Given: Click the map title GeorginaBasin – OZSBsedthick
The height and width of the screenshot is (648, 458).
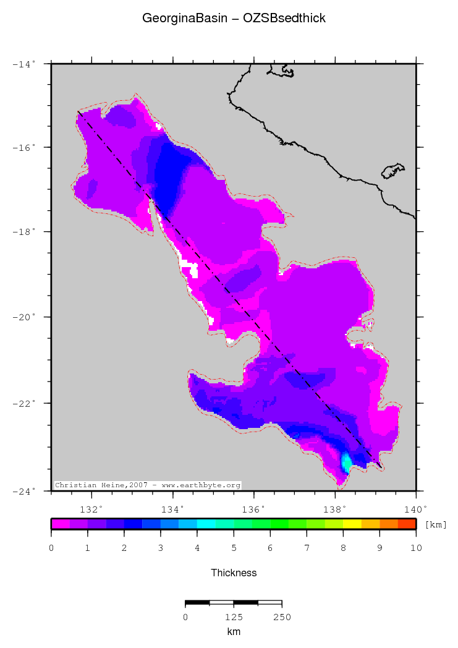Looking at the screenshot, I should pyautogui.click(x=234, y=19).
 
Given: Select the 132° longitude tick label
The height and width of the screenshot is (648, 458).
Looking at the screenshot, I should pyautogui.click(x=91, y=509).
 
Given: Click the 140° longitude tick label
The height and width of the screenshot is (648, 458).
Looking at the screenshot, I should pyautogui.click(x=415, y=509).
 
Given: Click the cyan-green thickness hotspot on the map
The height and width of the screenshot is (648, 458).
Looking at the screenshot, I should pyautogui.click(x=347, y=461).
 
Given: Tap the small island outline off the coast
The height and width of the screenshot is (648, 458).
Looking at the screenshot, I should pyautogui.click(x=392, y=171).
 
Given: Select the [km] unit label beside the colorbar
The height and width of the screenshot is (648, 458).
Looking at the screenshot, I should pyautogui.click(x=436, y=524).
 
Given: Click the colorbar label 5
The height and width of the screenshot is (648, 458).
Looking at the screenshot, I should pyautogui.click(x=234, y=548).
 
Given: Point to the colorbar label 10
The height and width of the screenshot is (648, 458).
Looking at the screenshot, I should pyautogui.click(x=416, y=548).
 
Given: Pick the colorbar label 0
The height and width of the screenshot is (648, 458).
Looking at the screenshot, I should pyautogui.click(x=51, y=548).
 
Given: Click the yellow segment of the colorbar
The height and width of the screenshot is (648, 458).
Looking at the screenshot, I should pyautogui.click(x=352, y=524).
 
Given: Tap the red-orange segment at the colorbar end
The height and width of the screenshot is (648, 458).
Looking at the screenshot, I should pyautogui.click(x=407, y=524).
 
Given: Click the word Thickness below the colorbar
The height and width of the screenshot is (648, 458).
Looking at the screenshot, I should pyautogui.click(x=234, y=573).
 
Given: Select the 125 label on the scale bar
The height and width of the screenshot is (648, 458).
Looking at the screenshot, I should pyautogui.click(x=234, y=616).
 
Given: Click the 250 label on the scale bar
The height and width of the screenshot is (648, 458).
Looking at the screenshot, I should pyautogui.click(x=282, y=616).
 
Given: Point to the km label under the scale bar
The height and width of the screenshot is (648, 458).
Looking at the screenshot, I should pyautogui.click(x=234, y=631).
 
